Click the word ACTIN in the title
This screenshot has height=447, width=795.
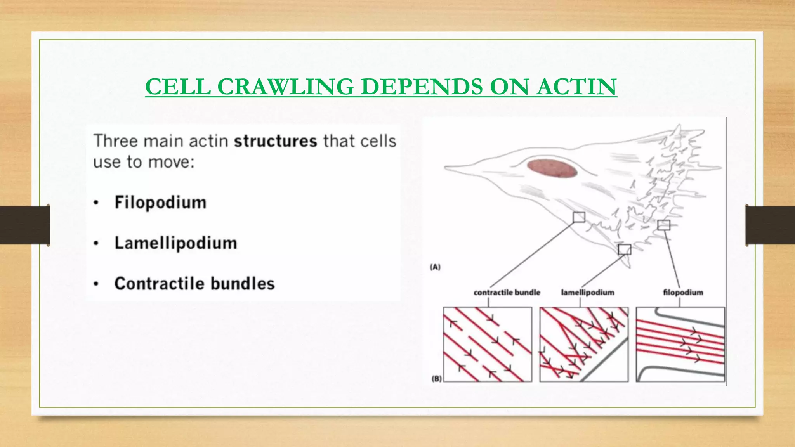click(577, 87)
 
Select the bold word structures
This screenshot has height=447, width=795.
click(275, 141)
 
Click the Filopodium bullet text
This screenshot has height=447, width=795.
click(160, 203)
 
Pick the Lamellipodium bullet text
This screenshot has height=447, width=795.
click(175, 243)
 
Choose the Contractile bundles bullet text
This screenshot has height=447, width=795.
click(194, 284)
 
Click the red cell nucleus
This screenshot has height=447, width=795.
click(552, 168)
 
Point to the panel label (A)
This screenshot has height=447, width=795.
click(435, 267)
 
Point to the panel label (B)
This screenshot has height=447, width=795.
click(437, 379)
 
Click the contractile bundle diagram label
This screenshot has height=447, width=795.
click(507, 293)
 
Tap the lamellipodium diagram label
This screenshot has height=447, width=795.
click(587, 293)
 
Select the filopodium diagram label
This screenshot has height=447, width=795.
click(683, 293)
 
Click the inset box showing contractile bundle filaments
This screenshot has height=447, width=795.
click(487, 344)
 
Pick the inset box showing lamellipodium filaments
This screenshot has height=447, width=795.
click(583, 344)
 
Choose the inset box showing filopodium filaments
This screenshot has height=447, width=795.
click(680, 344)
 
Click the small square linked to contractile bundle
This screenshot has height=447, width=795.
click(579, 217)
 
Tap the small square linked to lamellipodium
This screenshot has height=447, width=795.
click(625, 249)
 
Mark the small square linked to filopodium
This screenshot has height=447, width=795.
click(664, 225)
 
